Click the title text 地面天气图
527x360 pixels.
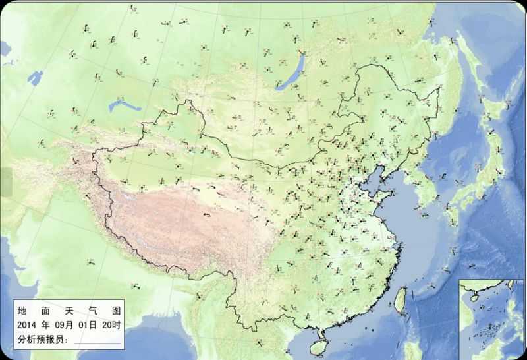[69, 309]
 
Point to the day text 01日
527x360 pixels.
[89, 325]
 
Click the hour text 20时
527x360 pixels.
[112, 325]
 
